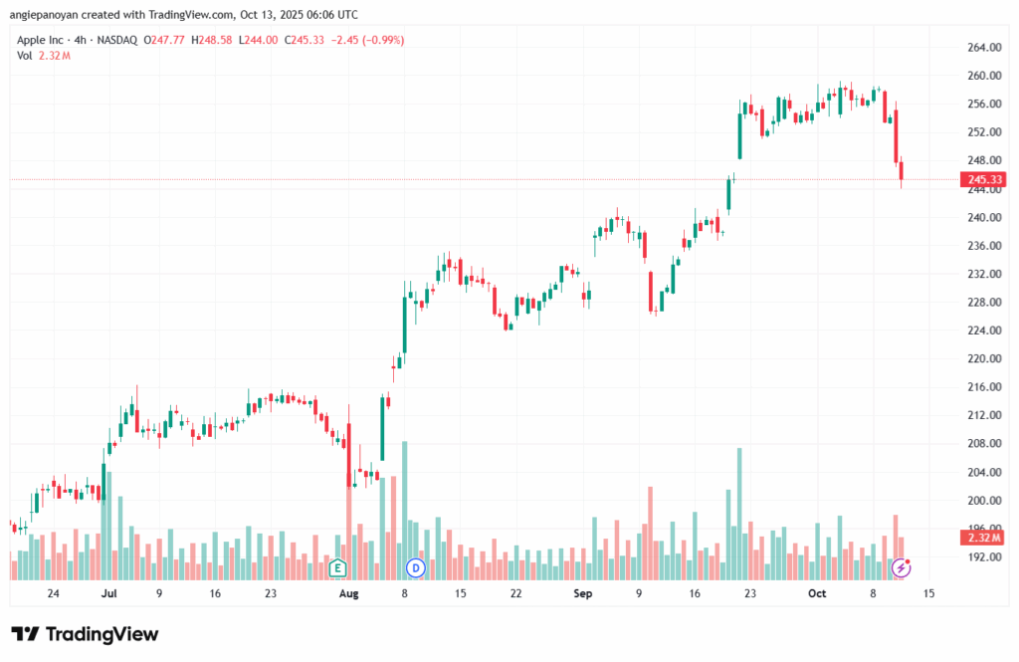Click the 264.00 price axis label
(982, 47)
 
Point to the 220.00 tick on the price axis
(982, 358)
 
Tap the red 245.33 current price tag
(981, 180)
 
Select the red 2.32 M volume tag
(981, 538)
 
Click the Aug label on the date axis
(348, 593)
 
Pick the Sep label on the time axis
(583, 593)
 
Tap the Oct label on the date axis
(817, 593)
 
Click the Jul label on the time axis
(109, 593)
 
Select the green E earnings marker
(337, 567)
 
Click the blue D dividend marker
(416, 567)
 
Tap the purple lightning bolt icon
(902, 567)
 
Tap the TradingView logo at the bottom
(85, 634)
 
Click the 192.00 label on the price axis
(982, 557)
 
